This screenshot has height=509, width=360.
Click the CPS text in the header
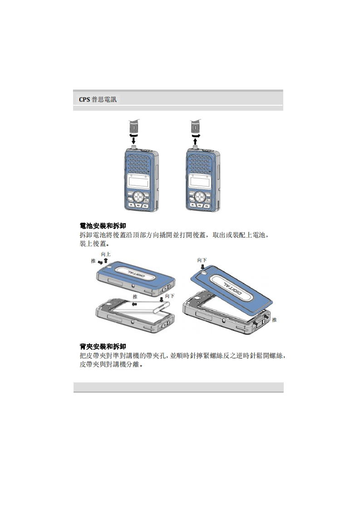point(84,99)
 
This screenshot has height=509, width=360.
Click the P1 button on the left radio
point(131,206)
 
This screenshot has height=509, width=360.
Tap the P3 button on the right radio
point(207,206)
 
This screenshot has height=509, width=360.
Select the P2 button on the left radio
point(138,206)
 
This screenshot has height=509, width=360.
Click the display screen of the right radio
point(200,181)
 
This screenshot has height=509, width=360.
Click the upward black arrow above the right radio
point(195,141)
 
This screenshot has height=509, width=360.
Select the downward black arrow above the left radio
point(133,141)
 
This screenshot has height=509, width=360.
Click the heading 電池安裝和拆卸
point(103,226)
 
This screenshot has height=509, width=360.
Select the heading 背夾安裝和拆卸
point(103,347)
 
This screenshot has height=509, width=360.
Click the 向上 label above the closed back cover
point(106,254)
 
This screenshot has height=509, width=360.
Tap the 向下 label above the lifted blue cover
point(202,260)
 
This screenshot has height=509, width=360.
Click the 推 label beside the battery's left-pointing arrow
point(135,297)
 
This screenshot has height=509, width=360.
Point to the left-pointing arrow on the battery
point(134,304)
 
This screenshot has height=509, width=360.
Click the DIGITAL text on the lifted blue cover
point(232,288)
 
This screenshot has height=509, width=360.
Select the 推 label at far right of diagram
point(274,320)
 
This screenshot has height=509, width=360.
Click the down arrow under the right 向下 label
point(202,267)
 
